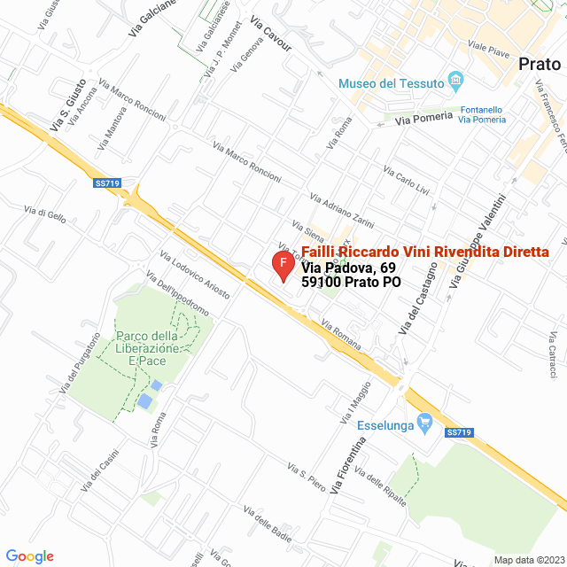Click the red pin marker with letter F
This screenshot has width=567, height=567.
282,265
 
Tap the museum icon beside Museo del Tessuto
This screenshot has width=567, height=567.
456,83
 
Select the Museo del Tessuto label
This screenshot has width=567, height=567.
391,83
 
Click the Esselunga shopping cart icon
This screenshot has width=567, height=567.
424,424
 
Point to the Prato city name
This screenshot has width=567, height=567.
540,65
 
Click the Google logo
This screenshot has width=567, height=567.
29,556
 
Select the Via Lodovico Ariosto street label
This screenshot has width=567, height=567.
194,275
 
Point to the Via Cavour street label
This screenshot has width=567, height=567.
271,34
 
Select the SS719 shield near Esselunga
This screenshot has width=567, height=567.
460,432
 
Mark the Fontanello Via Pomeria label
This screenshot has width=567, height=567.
477,114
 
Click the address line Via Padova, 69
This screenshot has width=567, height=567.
348,268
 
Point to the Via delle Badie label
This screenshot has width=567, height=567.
267,528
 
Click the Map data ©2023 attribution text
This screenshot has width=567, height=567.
528,560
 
